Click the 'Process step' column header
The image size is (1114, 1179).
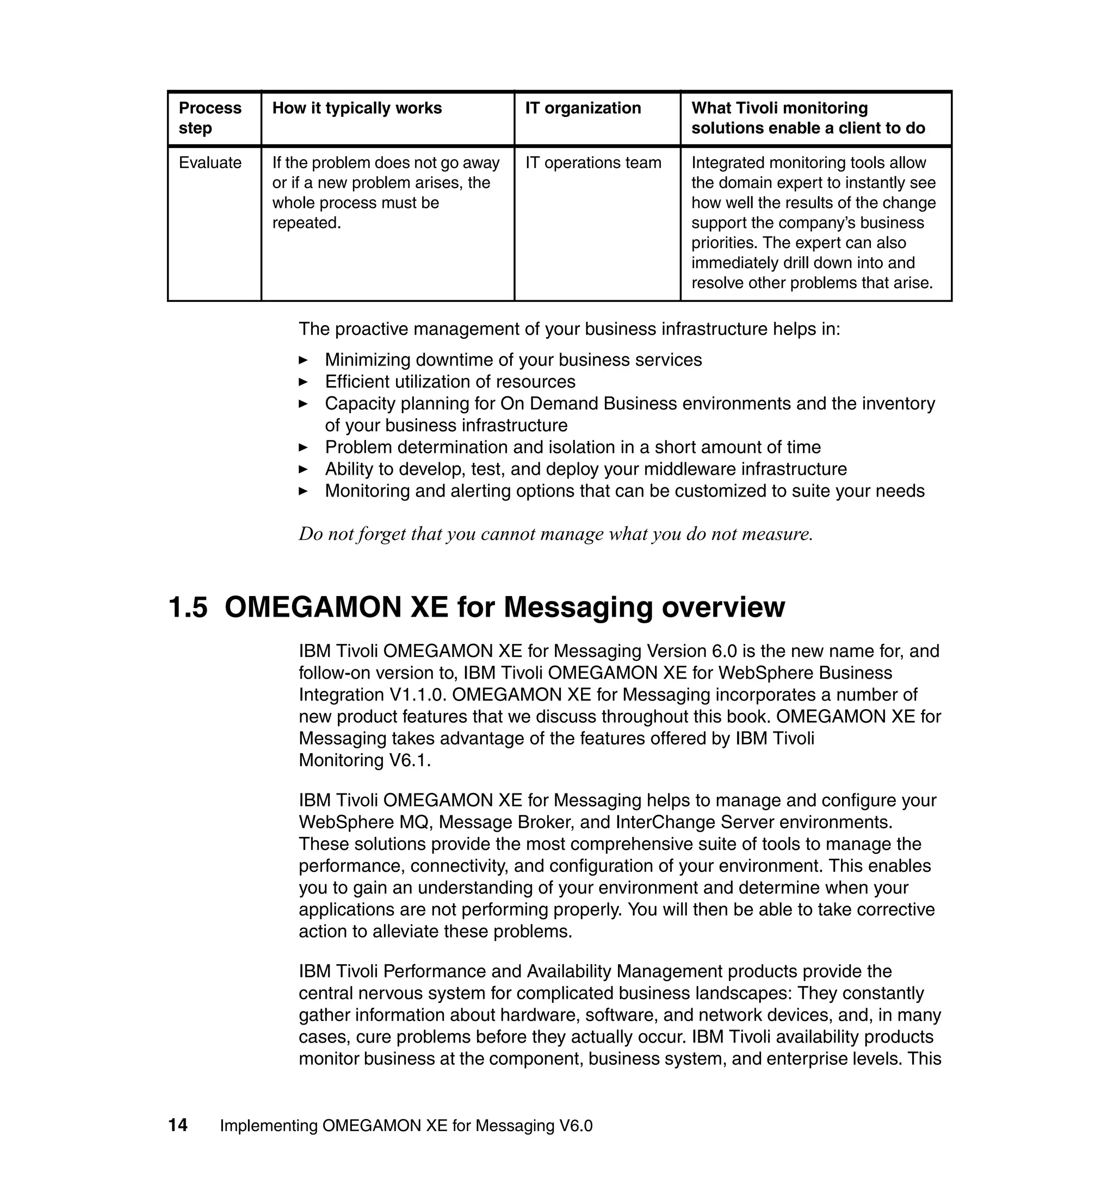click(209, 117)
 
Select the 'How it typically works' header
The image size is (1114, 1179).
click(357, 108)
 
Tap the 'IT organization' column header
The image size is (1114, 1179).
click(583, 108)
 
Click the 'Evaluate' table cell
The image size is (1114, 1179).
click(209, 163)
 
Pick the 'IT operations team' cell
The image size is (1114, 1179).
click(593, 163)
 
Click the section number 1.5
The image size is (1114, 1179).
click(188, 607)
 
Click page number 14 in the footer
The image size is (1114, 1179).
click(177, 1125)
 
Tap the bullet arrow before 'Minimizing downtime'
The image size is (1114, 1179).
click(303, 360)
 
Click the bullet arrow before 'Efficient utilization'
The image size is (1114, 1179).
click(303, 382)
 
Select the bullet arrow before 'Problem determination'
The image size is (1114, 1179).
click(303, 447)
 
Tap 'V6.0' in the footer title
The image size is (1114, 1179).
click(576, 1126)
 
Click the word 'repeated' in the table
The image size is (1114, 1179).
click(305, 223)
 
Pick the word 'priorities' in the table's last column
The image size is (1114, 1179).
click(724, 243)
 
